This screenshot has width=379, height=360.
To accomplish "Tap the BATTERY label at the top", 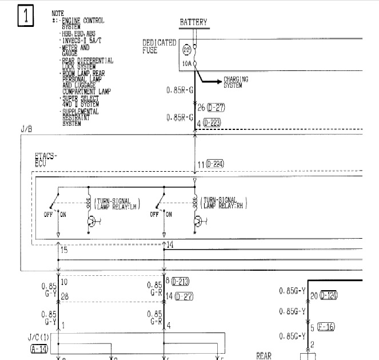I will [194, 23].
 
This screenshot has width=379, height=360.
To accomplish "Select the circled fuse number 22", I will [186, 51].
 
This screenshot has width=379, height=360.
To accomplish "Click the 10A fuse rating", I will [186, 64].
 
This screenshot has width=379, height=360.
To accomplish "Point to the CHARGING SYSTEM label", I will [236, 82].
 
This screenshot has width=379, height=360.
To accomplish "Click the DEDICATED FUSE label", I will [159, 46].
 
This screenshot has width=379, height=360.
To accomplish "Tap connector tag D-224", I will [215, 164].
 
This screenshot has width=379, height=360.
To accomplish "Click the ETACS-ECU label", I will [46, 159].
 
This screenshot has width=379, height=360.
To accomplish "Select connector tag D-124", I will [329, 296].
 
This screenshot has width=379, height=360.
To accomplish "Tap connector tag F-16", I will [326, 327].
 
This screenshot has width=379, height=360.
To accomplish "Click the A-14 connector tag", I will [38, 347].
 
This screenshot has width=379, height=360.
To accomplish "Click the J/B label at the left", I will [26, 130].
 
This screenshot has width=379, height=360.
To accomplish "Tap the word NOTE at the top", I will [58, 13].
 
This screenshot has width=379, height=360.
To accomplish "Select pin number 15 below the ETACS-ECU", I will [63, 250].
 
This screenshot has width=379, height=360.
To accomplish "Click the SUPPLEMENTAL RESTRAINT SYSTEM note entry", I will [80, 117].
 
